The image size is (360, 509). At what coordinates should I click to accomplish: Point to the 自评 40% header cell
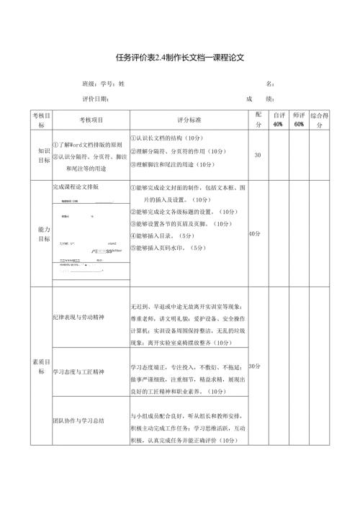coord(278,120)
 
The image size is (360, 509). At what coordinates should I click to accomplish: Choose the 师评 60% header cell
coord(299,120)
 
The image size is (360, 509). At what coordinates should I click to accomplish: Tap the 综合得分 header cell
coord(320,120)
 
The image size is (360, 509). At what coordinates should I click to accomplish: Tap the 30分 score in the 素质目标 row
coord(254,366)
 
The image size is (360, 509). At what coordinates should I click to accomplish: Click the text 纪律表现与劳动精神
coord(78,317)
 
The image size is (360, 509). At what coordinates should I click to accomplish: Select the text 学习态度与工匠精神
coord(78,372)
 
